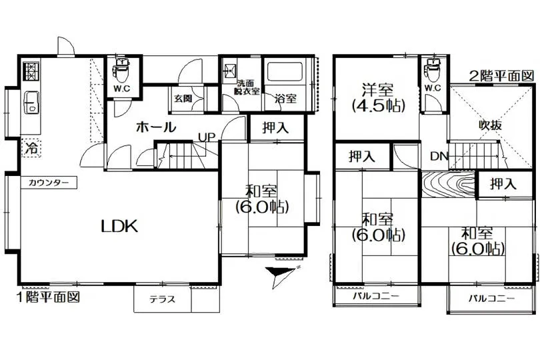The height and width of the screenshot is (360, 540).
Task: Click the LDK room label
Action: [x=119, y=226]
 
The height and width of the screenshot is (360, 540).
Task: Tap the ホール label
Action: [x=155, y=127]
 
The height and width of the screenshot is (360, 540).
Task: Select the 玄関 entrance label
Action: [x=183, y=99]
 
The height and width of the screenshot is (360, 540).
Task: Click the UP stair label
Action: [x=207, y=137]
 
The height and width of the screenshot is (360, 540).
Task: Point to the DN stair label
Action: [x=439, y=157]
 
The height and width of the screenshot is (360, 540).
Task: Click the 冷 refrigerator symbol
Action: [x=31, y=148]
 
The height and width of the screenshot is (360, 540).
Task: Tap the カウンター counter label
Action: [x=49, y=183]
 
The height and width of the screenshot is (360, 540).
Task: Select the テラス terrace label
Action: [x=162, y=299]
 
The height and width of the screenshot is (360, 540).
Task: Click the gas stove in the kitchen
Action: [x=31, y=71]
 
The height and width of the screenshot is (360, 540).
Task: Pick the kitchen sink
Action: [x=31, y=102]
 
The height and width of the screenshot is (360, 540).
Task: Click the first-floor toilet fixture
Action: [x=122, y=69]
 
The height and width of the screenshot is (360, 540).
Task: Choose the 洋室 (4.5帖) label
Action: [x=378, y=98]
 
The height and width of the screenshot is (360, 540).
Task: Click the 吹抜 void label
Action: [x=491, y=125]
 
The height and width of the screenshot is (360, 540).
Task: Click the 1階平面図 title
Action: [x=49, y=297]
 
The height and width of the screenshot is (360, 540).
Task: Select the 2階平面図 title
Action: [x=502, y=76]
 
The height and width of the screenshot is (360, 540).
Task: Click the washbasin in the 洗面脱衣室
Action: [x=229, y=71]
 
